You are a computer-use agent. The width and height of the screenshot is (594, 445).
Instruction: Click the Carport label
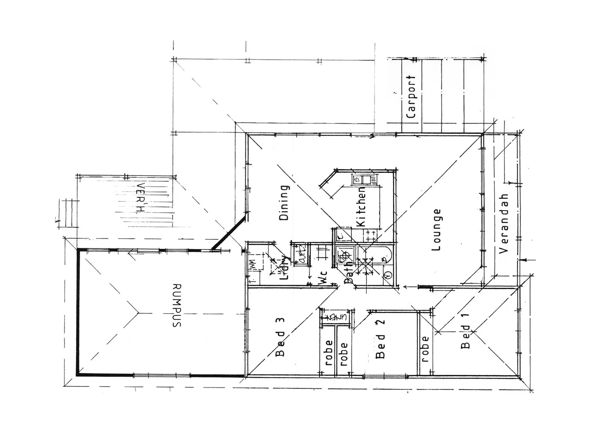(411, 97)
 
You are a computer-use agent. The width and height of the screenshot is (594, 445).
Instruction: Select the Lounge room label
(436, 230)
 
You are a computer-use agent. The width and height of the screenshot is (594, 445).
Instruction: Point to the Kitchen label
(361, 207)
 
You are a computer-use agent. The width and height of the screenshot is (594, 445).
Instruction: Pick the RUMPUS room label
(177, 305)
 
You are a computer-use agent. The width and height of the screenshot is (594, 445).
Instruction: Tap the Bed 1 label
(465, 337)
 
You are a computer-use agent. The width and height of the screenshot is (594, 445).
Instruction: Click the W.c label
(323, 279)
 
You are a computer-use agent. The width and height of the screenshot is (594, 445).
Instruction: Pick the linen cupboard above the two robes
(336, 318)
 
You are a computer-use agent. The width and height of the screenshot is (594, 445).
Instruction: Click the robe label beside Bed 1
(425, 349)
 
